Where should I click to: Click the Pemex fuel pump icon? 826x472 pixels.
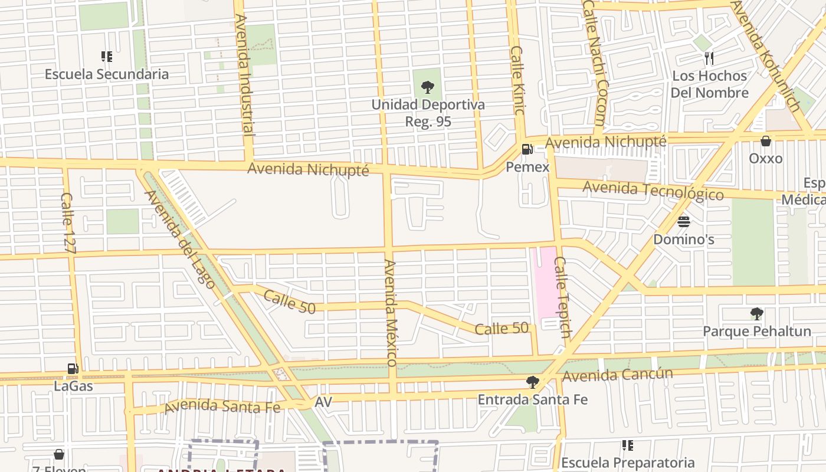pos(526,149)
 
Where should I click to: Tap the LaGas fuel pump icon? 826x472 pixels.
pos(73,369)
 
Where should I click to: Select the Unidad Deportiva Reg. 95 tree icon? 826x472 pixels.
pos(428,88)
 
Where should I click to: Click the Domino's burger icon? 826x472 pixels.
pos(684,222)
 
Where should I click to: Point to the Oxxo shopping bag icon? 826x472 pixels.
pos(765,141)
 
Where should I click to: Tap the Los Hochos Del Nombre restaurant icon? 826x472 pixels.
pos(709,58)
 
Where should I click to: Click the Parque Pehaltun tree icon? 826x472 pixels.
pos(756,314)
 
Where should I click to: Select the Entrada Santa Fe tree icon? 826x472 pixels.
pos(532,382)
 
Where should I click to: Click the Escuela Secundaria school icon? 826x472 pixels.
pos(107,57)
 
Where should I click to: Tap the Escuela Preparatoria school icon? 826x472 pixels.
pos(628,445)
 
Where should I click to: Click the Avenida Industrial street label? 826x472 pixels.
pos(244,75)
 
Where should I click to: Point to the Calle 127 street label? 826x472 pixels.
pos(68,224)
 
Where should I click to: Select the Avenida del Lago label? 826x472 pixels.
pos(179,234)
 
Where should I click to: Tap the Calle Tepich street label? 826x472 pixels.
pos(562,297)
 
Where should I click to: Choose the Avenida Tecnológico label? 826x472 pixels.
pos(653,191)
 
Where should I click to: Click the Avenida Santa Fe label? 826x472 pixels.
pos(222,406)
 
